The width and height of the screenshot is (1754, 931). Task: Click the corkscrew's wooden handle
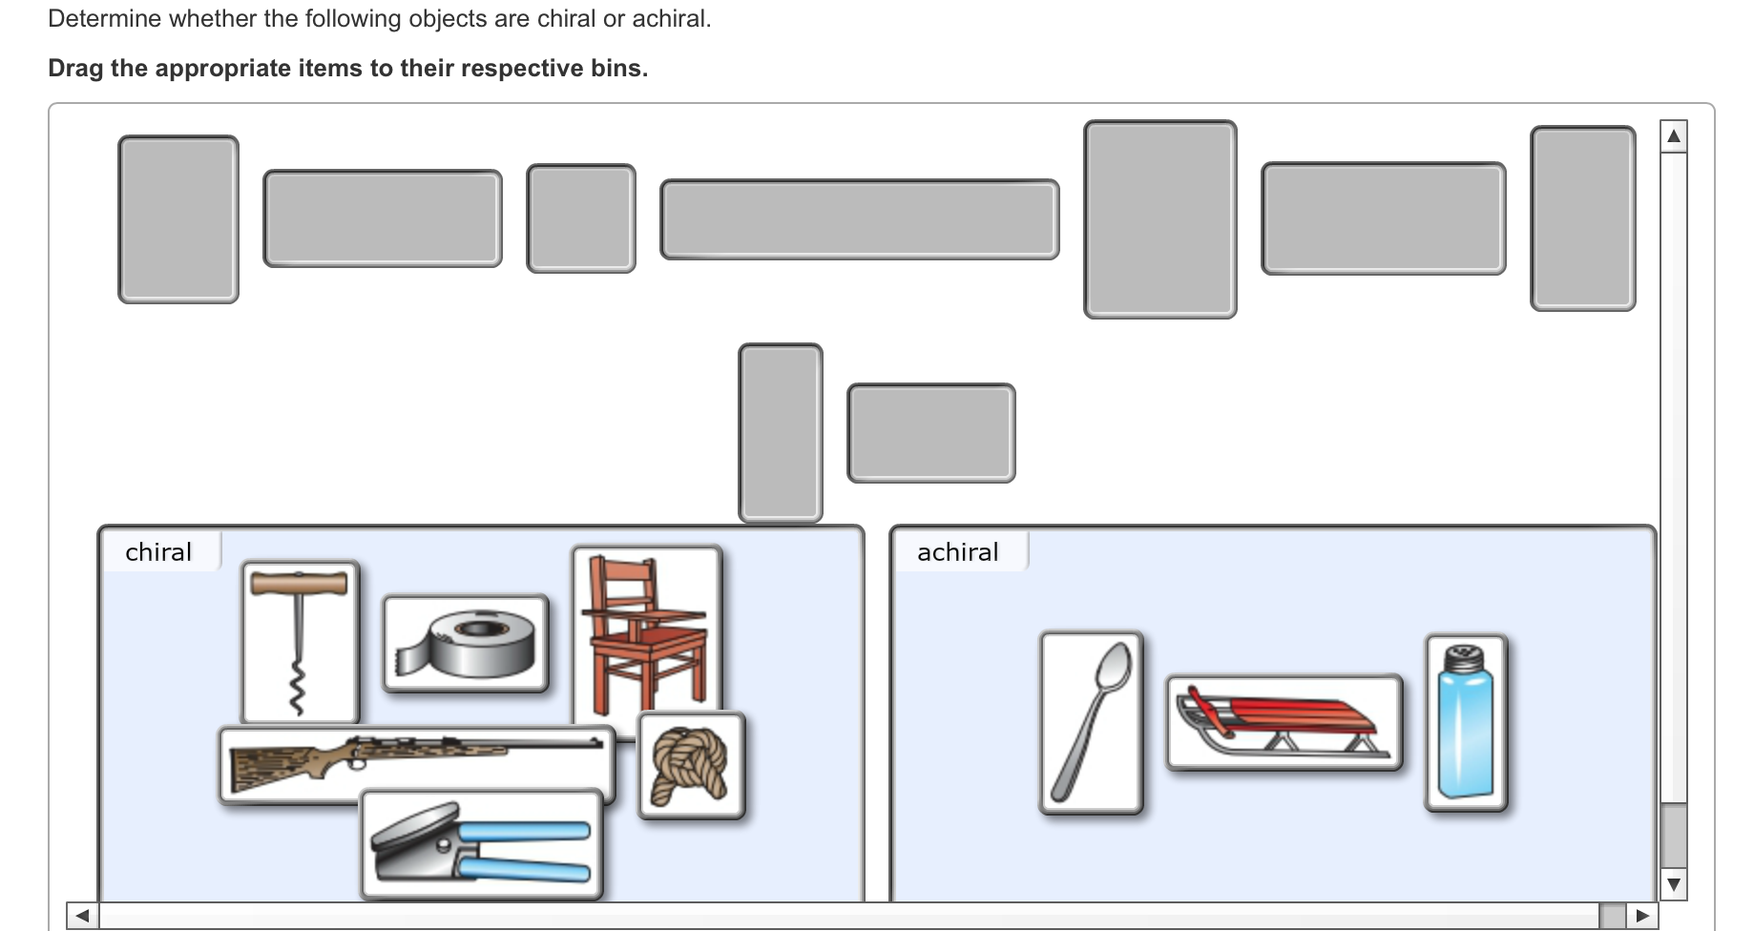299,583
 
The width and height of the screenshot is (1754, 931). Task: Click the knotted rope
691,765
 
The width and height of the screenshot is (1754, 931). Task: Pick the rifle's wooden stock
277,767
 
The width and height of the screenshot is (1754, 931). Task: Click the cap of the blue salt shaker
1464,658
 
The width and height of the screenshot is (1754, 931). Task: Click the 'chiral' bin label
158,552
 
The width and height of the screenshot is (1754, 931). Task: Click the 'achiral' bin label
957,552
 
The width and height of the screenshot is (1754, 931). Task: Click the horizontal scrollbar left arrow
83,916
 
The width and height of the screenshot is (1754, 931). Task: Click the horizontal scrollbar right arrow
1641,916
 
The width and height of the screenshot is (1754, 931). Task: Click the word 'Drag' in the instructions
75,69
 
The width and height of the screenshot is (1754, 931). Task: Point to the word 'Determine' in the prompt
104,19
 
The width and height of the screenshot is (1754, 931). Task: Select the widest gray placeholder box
859,219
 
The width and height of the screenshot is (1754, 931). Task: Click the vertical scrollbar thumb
1673,836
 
